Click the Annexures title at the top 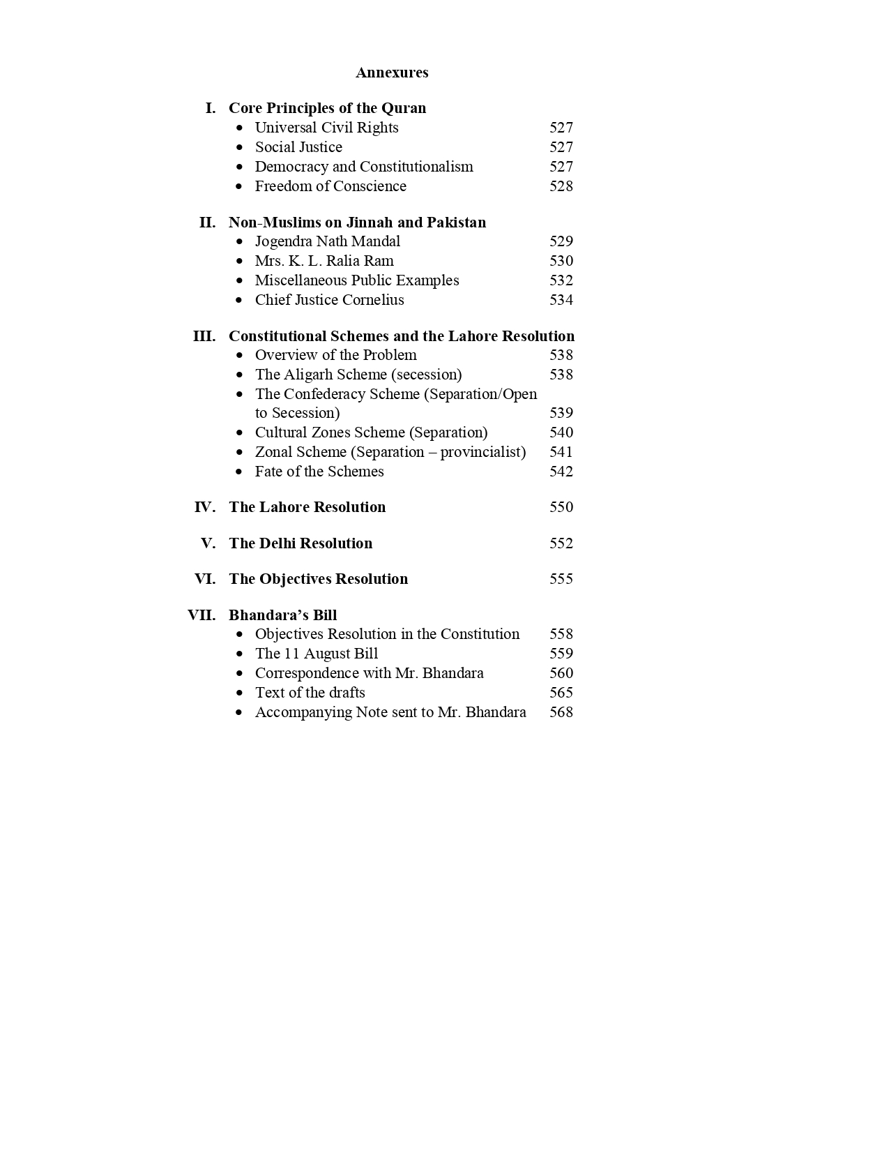coord(392,73)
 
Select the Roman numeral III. coord(204,336)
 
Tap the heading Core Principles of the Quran coord(327,108)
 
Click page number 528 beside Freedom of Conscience coord(561,186)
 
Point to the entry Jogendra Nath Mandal coord(328,241)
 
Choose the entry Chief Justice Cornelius coord(329,300)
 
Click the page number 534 coord(561,300)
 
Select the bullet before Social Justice coord(240,148)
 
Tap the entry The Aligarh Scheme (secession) coord(358,375)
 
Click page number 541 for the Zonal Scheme coord(561,452)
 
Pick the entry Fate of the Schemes coord(319,472)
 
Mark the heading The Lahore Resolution coord(307,507)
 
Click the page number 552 coord(561,543)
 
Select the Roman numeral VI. coord(205,579)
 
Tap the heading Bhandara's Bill coord(282,615)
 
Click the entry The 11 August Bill coord(317,654)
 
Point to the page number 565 coord(561,693)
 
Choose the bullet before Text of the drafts coord(240,693)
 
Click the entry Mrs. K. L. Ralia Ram coord(324,261)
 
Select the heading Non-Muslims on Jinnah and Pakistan coord(357,223)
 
